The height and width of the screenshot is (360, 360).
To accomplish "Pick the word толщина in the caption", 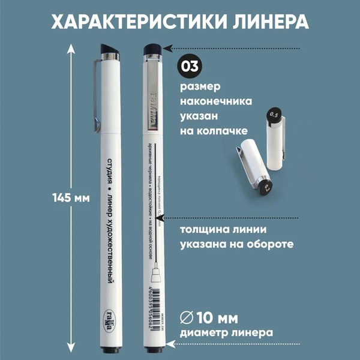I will (205, 230).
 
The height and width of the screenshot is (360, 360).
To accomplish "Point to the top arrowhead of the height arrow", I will (71, 47).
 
